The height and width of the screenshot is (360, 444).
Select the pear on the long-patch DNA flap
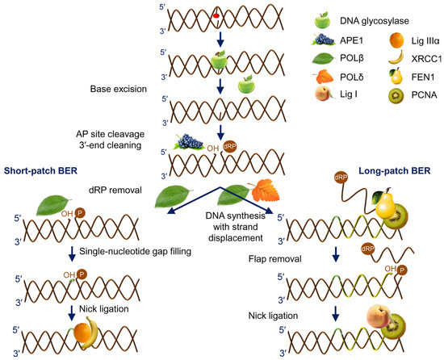(375, 195)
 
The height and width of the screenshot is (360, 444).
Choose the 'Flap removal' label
(279, 258)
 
